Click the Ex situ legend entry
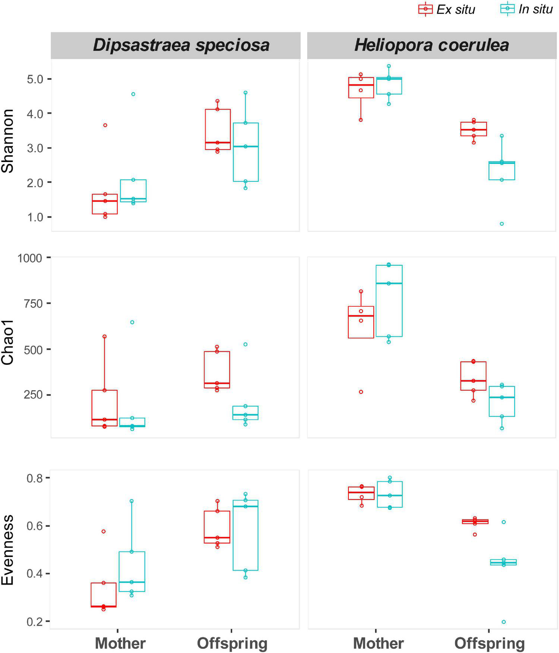point(446,9)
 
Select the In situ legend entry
point(526,9)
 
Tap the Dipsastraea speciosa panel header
point(176,45)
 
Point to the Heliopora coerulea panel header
point(432,45)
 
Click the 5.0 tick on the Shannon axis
point(35,79)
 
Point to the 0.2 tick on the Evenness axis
point(35,621)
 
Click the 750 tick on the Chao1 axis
point(35,303)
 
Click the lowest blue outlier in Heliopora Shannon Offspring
point(502,224)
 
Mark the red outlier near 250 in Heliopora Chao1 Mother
point(361,392)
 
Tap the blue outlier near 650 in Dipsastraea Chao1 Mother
point(132,322)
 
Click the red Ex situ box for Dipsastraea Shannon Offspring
point(217,129)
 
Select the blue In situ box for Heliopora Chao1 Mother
point(389,301)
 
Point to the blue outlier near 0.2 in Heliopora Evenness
point(503,622)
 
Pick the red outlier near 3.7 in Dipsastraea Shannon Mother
point(105,125)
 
